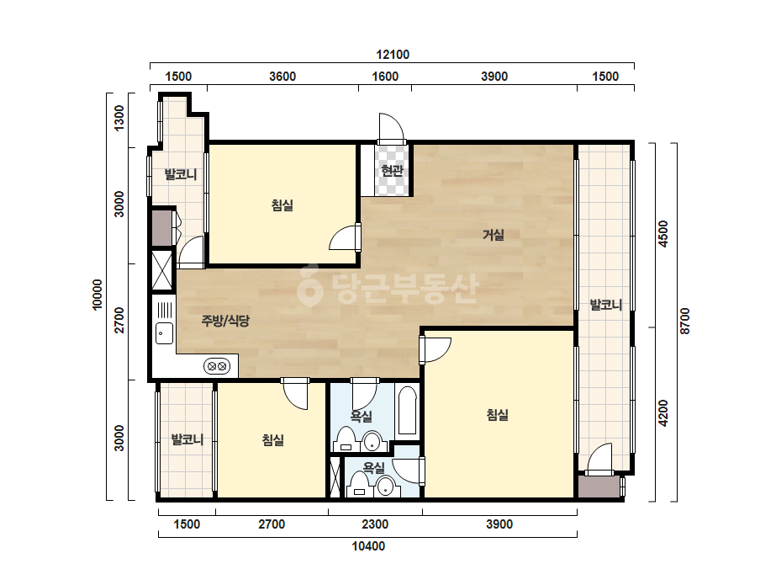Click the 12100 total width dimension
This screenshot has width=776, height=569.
393,55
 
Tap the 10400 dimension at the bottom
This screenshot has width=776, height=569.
368,546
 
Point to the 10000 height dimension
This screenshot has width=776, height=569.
98,295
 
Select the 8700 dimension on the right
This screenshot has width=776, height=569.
684,321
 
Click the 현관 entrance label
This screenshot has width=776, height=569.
392,171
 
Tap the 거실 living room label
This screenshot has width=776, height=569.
494,235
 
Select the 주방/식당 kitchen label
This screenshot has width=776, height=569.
225,321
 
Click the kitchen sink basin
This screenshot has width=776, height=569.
164,333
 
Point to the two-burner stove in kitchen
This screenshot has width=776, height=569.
217,366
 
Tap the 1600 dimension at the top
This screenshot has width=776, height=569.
385,77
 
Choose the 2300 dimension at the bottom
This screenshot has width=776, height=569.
375,524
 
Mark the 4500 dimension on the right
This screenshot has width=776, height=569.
663,234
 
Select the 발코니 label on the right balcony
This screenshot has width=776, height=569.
606,305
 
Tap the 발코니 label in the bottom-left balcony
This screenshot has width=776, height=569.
187,439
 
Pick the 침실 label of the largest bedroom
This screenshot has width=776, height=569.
498,415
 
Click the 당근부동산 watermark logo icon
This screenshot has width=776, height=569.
309,285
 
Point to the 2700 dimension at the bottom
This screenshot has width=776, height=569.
272,524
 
